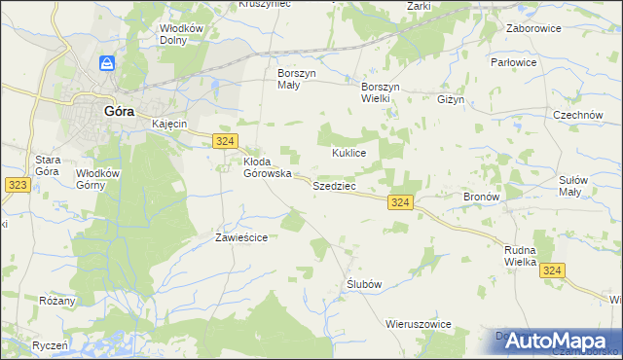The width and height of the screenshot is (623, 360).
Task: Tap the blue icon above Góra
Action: pos(108,64)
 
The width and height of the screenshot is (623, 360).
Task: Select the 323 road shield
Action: pos(15,183)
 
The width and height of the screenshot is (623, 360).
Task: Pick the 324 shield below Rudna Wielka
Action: pos(553,270)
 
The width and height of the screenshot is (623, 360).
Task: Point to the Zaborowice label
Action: pos(534,28)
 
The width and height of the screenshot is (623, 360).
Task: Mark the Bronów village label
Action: pos(481,196)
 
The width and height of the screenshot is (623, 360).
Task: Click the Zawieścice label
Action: pos(241,236)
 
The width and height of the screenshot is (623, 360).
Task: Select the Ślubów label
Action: pos(362,283)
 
